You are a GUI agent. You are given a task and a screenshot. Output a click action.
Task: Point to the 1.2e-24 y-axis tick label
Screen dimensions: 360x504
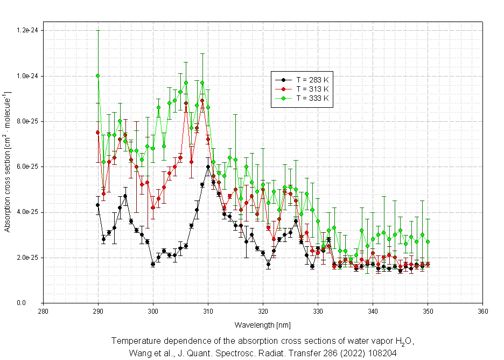[x=27, y=30]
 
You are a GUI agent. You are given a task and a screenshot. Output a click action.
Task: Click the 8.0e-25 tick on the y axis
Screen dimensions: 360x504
[x=27, y=121]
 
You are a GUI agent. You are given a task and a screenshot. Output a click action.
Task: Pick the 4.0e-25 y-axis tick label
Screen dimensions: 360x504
[x=27, y=212]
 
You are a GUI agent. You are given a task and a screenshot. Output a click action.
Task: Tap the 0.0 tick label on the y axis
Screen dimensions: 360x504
[x=35, y=303]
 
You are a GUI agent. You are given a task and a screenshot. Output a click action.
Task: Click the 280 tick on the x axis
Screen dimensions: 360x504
[x=44, y=311]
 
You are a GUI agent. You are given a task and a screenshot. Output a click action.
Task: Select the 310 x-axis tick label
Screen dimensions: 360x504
[x=208, y=311]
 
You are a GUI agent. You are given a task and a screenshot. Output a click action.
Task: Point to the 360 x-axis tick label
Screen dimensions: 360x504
[x=482, y=311]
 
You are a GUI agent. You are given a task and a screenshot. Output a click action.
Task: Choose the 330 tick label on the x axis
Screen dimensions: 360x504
[x=318, y=311]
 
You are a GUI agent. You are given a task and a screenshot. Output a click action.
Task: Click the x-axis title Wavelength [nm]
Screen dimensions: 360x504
[x=262, y=326]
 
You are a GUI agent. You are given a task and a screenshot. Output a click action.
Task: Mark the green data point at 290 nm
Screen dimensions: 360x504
[x=98, y=75]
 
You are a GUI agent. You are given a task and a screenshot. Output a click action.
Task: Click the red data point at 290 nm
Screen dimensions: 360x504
[x=98, y=133]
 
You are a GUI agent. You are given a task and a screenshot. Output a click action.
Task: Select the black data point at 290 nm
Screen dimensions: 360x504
[x=98, y=205]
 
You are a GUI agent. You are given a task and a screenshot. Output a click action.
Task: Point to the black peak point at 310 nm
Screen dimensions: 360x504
[x=208, y=167]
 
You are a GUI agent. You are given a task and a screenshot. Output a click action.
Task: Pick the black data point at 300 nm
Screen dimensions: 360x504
[x=153, y=264]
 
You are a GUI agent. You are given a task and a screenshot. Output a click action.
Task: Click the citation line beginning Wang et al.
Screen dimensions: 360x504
[x=262, y=354]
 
